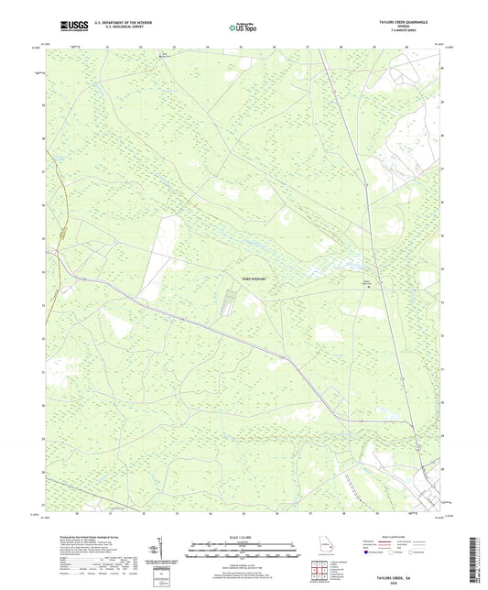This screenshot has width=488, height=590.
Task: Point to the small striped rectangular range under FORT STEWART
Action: pyautogui.click(x=229, y=298)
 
